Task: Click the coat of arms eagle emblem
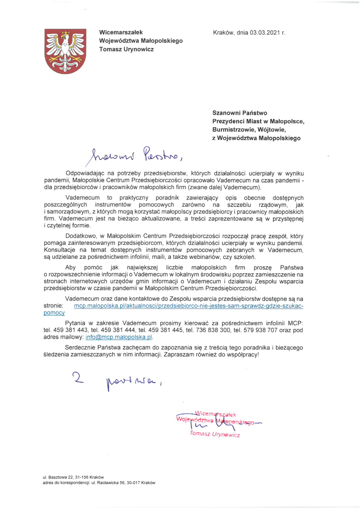pyautogui.click(x=66, y=51)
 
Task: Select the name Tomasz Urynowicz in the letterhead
pyautogui.click(x=126, y=49)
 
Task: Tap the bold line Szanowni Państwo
pyautogui.click(x=240, y=113)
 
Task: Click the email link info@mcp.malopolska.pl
pyautogui.click(x=119, y=337)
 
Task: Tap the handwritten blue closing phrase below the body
pyautogui.click(x=118, y=380)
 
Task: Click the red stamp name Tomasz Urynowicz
pyautogui.click(x=215, y=434)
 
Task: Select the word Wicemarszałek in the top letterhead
pyautogui.click(x=121, y=32)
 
